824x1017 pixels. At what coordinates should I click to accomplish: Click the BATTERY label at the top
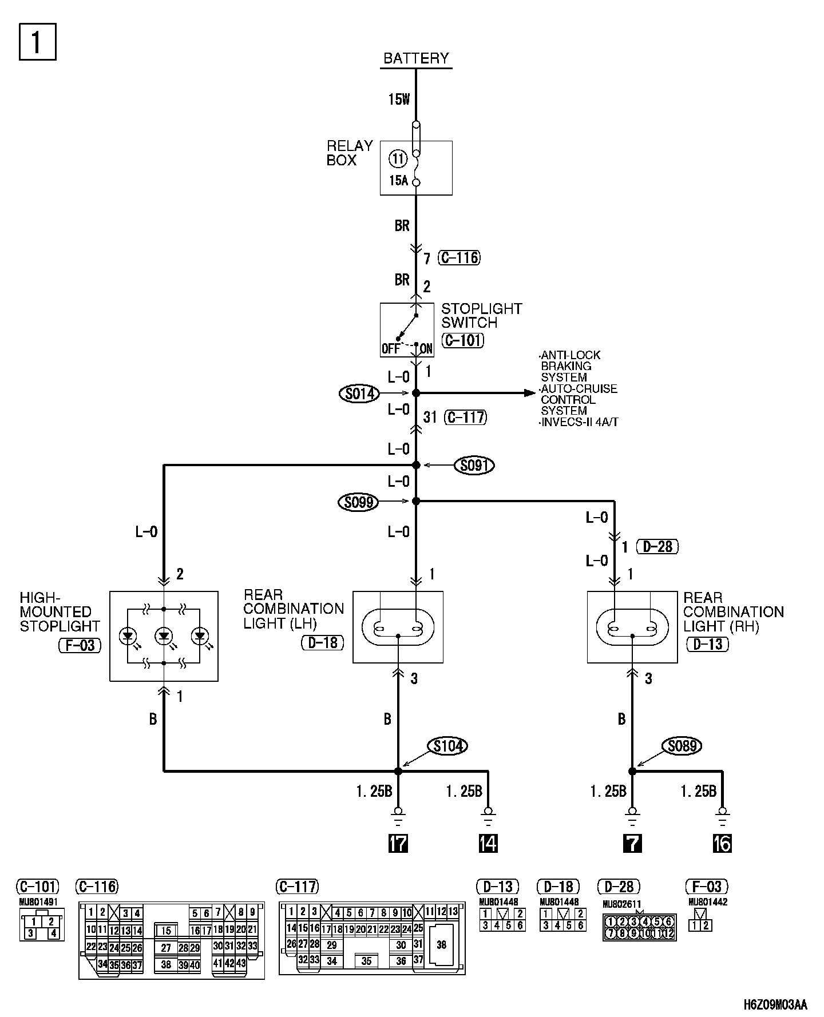(x=416, y=58)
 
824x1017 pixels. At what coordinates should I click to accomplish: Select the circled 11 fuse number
(x=398, y=158)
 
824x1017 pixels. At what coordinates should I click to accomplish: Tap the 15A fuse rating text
(x=398, y=181)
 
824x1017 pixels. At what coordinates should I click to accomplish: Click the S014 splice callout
(x=359, y=394)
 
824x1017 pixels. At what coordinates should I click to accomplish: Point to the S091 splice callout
(x=474, y=466)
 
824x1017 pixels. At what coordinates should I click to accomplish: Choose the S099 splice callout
(x=359, y=502)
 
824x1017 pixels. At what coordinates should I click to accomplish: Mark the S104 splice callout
(x=448, y=746)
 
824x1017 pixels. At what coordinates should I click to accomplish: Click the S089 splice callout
(x=682, y=746)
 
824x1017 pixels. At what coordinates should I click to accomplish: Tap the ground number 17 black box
(x=398, y=843)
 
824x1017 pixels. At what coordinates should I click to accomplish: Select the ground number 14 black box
(x=488, y=843)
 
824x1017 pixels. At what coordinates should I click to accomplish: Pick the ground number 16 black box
(x=722, y=843)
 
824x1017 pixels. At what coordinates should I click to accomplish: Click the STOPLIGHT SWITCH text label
(x=481, y=316)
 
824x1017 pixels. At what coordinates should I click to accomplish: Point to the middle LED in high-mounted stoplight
(x=164, y=635)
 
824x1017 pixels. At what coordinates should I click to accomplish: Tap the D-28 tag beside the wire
(x=657, y=547)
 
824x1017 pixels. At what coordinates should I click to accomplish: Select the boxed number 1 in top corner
(x=38, y=41)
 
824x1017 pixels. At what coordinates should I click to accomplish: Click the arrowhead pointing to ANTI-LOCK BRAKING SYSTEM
(x=529, y=393)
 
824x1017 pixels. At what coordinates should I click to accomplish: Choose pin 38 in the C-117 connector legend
(x=441, y=944)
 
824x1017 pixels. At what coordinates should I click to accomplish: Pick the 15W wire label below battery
(x=399, y=100)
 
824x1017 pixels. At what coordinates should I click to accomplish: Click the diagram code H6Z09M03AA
(x=775, y=1005)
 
